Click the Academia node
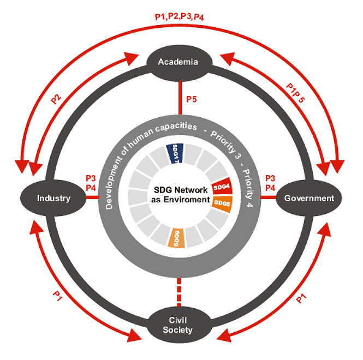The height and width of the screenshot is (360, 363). pyautogui.click(x=178, y=62)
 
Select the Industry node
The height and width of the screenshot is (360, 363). pyautogui.click(x=53, y=198)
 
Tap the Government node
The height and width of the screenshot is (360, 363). pyautogui.click(x=308, y=198)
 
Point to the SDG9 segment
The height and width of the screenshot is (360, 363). pyautogui.click(x=177, y=238)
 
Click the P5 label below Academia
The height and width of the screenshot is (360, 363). pyautogui.click(x=193, y=99)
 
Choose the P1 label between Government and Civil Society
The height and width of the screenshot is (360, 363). pyautogui.click(x=301, y=297)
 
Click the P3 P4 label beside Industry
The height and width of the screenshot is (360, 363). pyautogui.click(x=91, y=183)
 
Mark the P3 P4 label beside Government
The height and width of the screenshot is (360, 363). pyautogui.click(x=269, y=183)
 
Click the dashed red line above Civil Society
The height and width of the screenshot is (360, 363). pyautogui.click(x=178, y=292)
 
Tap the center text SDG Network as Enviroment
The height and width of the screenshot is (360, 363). pyautogui.click(x=180, y=195)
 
